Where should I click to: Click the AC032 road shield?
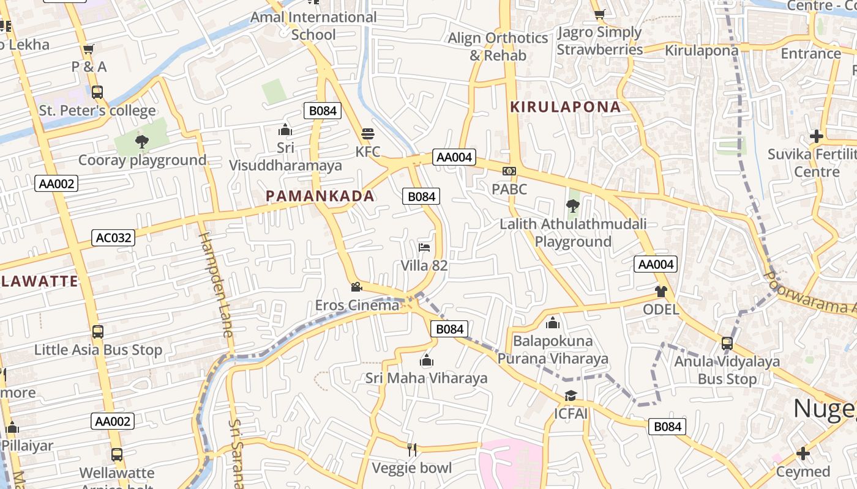tap(113, 238)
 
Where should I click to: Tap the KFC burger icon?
tap(368, 133)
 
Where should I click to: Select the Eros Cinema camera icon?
tap(356, 287)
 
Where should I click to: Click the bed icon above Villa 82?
tap(424, 248)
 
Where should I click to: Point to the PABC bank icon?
tap(509, 171)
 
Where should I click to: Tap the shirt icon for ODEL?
tap(661, 291)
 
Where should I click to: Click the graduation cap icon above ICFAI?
tap(571, 395)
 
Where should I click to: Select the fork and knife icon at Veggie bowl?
tap(412, 450)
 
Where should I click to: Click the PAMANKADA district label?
tap(320, 196)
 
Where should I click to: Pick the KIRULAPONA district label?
tap(566, 107)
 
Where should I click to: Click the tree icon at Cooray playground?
tap(142, 142)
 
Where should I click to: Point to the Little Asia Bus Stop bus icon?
tap(97, 332)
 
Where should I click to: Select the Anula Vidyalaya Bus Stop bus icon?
tap(727, 344)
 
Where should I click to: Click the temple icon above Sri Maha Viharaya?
tap(427, 360)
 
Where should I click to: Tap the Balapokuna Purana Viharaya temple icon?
tap(553, 322)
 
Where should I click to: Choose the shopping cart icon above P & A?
tap(89, 49)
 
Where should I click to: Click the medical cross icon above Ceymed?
tap(803, 454)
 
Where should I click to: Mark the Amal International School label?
tap(313, 26)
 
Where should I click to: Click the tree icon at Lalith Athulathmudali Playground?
tap(573, 206)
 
